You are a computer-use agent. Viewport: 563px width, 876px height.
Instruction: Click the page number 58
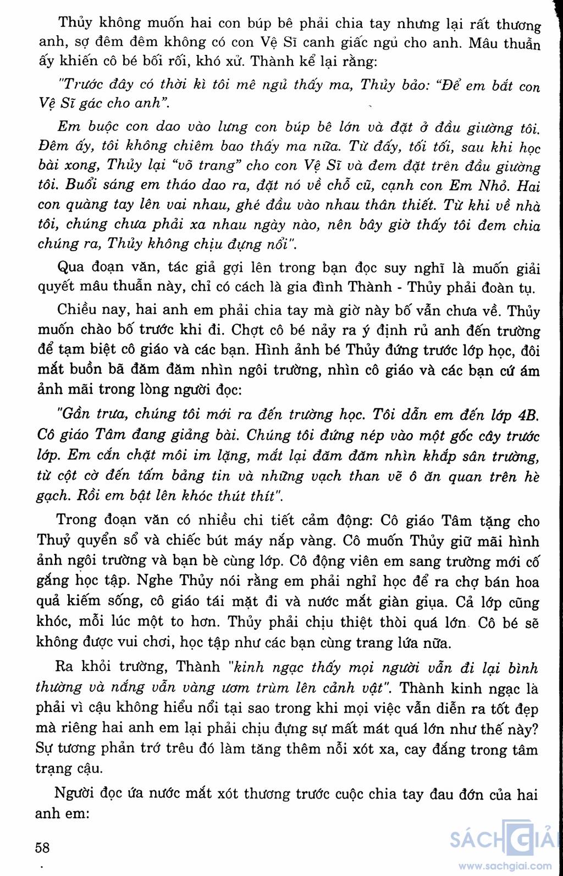pyautogui.click(x=42, y=847)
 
